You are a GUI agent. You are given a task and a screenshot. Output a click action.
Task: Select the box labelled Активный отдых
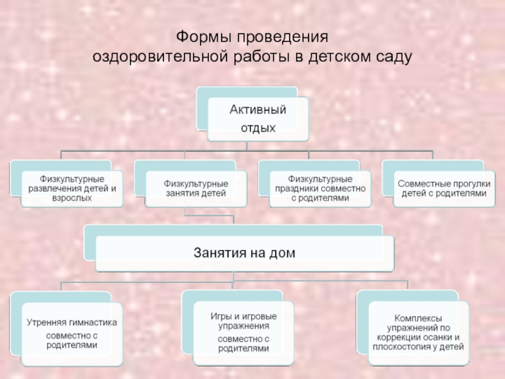coord(258,119)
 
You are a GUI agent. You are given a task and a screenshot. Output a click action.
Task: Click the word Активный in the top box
coord(258,111)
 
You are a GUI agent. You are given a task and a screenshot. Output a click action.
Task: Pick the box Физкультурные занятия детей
coord(196,188)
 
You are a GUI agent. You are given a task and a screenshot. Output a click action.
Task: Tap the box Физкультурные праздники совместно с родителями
coord(319,188)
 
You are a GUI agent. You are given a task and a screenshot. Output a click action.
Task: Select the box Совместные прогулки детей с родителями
coord(444,188)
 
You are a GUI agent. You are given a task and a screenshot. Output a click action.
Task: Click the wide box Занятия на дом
coord(244,253)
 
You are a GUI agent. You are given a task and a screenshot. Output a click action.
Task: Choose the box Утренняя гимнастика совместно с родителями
coord(71,333)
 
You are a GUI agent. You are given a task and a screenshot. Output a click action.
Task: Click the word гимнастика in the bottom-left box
coord(91,322)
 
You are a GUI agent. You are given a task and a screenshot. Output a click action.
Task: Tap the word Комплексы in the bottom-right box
coord(418,318)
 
